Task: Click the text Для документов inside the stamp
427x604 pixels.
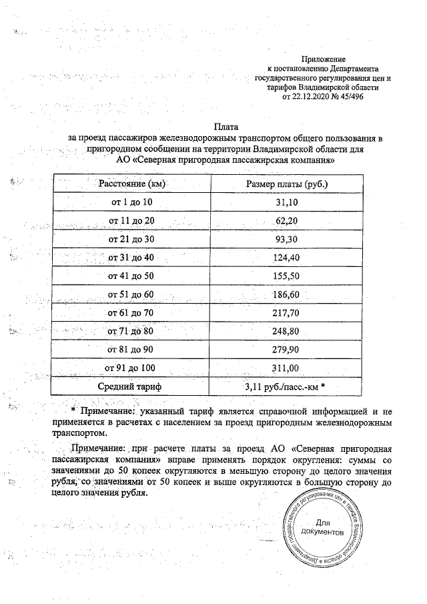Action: [x=323, y=528]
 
